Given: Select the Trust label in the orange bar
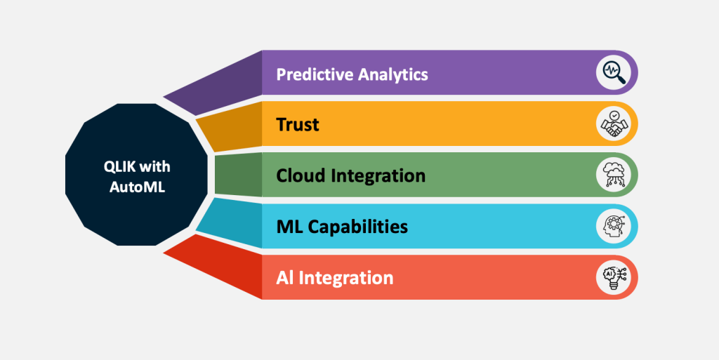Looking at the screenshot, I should coord(298,125).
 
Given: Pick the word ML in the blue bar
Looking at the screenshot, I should coord(289,226).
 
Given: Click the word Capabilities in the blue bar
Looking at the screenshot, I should coord(357,227).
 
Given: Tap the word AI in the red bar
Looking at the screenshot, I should coord(285,277).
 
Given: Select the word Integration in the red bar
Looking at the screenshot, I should coord(346,277).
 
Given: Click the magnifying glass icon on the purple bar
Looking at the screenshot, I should coord(613,72).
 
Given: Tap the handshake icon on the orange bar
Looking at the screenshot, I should coord(613,124).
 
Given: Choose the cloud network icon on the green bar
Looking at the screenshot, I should coord(613,175).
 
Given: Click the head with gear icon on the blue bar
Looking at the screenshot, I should coord(613,226).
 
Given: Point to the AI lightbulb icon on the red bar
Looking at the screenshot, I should coord(613,276).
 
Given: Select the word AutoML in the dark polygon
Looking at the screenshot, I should coord(137,187).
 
